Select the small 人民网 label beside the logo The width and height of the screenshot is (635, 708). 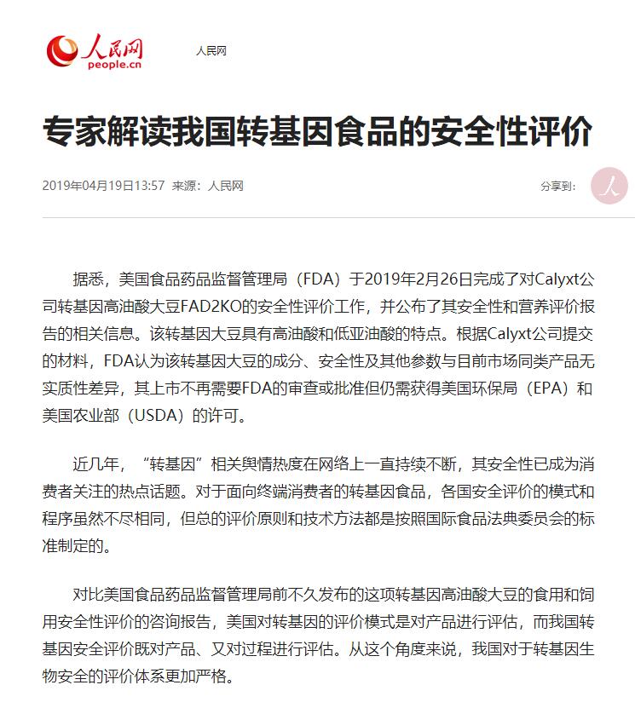tap(211, 51)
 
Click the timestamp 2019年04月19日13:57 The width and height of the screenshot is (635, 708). tap(103, 185)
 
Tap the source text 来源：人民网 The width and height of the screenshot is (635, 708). tap(208, 185)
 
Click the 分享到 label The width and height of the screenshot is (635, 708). tap(558, 185)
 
